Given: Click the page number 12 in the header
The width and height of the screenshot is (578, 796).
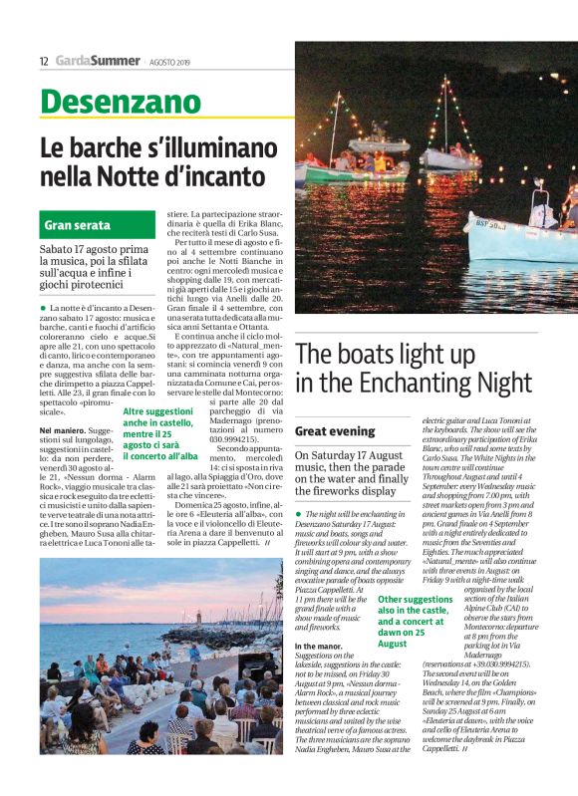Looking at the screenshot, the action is pos(44,62).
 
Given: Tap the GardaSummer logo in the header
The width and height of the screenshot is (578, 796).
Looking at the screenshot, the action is pos(99,61).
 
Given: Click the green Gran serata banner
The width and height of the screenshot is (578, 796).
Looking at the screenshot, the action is pos(78,225).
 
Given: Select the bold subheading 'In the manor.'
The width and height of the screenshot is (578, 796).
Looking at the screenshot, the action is pos(319,647).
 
